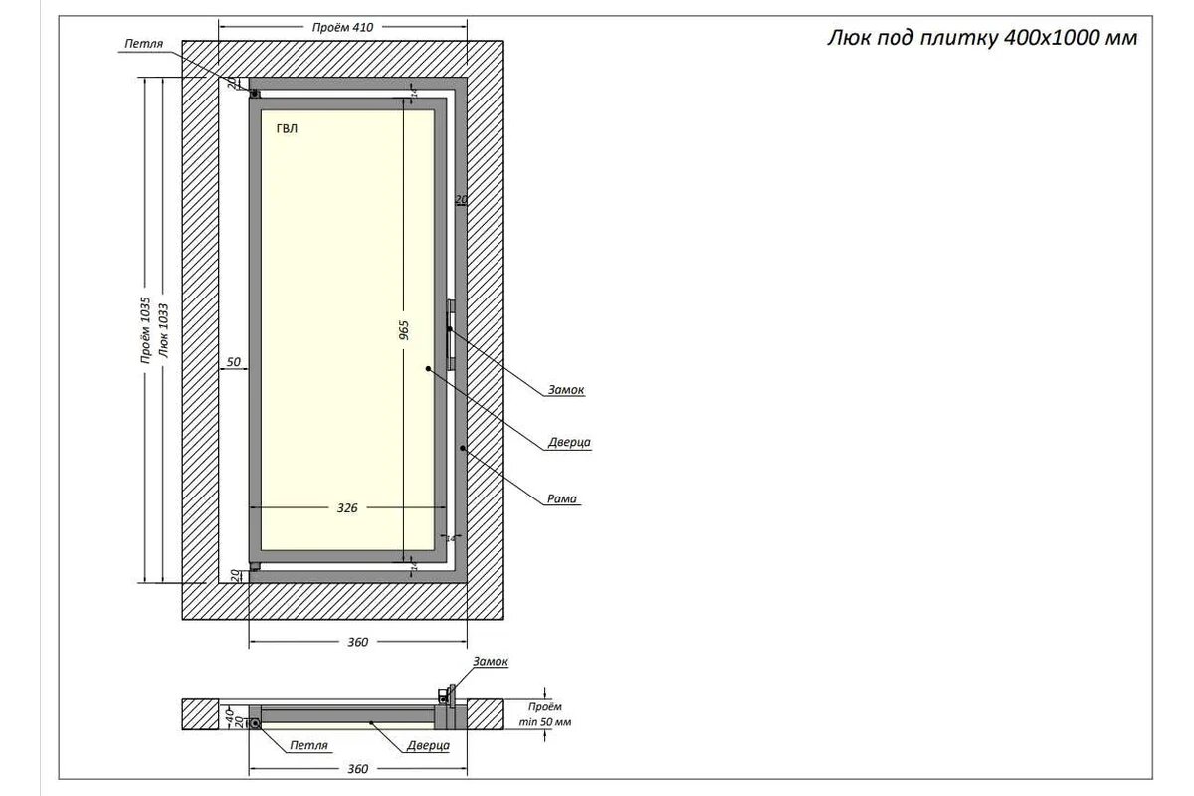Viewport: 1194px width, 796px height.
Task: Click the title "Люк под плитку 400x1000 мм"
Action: point(981,39)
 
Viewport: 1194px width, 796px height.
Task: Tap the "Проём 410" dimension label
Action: point(343,28)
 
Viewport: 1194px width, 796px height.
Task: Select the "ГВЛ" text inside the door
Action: point(287,128)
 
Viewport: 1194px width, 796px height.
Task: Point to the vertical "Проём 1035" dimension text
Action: point(144,330)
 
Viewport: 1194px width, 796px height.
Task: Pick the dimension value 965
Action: point(404,331)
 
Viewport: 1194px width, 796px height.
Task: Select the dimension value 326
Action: point(347,507)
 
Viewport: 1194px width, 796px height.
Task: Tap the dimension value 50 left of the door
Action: point(234,362)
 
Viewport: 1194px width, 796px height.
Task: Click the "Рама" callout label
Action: point(562,499)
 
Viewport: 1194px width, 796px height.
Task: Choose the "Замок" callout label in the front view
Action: point(565,390)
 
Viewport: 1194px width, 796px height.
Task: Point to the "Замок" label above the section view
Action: point(491,662)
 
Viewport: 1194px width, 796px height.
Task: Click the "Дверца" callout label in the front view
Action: point(569,443)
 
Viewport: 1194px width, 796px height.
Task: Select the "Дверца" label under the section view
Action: point(428,744)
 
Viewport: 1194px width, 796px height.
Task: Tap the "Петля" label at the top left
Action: point(143,45)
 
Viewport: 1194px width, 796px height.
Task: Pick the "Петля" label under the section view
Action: point(308,744)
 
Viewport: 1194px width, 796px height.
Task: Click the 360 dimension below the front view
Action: point(358,642)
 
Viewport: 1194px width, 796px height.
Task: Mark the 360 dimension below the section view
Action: point(358,769)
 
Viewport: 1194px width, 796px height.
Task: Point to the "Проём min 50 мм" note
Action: point(545,714)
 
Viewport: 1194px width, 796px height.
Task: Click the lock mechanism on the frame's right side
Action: point(451,333)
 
